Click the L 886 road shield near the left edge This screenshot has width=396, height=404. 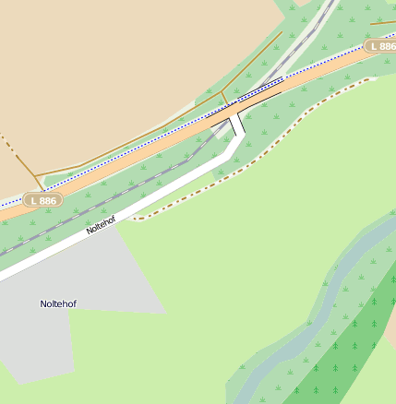(42, 199)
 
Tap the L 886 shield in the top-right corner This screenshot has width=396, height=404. (380, 45)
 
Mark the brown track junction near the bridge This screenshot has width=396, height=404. (223, 93)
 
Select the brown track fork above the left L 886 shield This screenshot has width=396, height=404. (40, 174)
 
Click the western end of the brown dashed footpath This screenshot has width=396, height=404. (135, 219)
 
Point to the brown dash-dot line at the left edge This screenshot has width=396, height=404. (7, 143)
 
